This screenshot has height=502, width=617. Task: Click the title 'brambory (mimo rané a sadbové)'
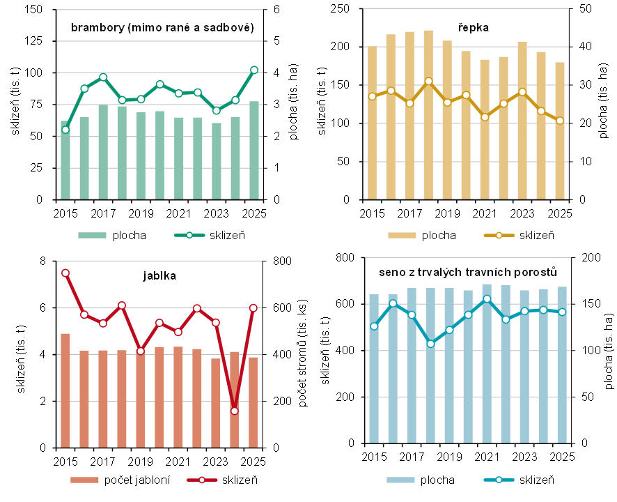(162, 27)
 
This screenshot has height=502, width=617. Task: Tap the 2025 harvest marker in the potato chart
(253, 70)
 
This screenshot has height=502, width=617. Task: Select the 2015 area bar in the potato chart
(65, 160)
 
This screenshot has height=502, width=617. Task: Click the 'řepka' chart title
(474, 27)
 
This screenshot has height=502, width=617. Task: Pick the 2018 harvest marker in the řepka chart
(428, 82)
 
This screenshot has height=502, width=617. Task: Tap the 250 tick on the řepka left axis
(347, 9)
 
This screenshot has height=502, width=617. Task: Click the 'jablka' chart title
(161, 275)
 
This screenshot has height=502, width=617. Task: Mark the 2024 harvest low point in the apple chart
(235, 411)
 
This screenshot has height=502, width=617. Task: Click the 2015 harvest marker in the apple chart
(65, 273)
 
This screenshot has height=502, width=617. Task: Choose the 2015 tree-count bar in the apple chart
(65, 390)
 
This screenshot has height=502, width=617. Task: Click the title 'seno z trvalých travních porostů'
(468, 271)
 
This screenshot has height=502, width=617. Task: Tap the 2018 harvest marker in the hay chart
(430, 344)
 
